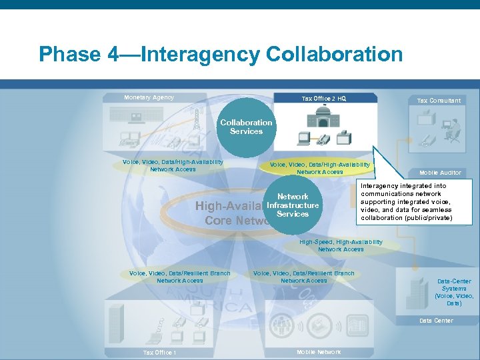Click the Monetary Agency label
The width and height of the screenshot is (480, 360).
tap(149, 97)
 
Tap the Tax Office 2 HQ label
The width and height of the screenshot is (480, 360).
tap(323, 99)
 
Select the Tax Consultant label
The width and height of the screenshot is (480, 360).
tap(438, 101)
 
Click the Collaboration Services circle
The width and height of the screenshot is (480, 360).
tap(246, 127)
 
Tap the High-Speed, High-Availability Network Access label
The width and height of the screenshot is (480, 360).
tap(341, 245)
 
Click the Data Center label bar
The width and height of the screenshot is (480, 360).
tap(436, 321)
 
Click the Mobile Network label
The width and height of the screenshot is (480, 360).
tap(318, 352)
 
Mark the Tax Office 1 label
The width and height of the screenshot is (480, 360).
tap(159, 353)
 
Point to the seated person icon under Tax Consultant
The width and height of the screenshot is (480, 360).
tap(454, 127)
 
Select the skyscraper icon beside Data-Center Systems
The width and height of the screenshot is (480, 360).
tap(416, 291)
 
